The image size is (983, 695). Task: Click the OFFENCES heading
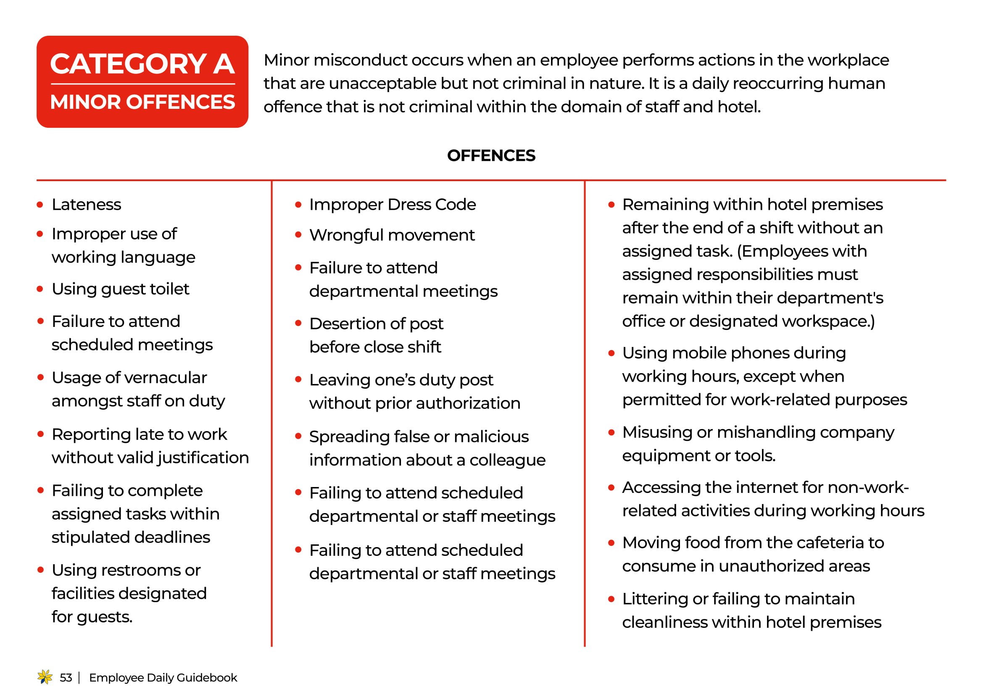[491, 155]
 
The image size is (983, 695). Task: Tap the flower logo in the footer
[45, 677]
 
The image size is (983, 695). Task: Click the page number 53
[66, 677]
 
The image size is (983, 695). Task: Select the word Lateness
[87, 205]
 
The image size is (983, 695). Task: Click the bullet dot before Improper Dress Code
[298, 205]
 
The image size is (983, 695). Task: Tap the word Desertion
[352, 324]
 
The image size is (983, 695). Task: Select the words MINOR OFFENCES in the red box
[142, 102]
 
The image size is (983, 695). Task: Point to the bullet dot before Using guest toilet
[40, 289]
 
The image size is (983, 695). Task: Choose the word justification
[203, 458]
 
